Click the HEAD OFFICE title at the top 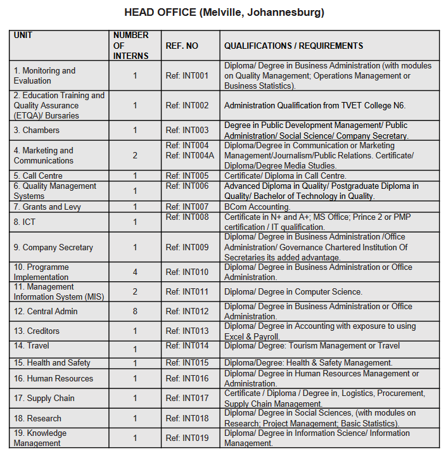click(224, 13)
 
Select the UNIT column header click(23, 35)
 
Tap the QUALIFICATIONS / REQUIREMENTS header click(293, 46)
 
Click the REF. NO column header click(182, 46)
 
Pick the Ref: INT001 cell click(187, 76)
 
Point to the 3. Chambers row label click(37, 131)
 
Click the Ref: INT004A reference click(189, 156)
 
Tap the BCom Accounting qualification click(257, 207)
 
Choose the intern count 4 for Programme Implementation click(135, 272)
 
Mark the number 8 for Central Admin click(135, 312)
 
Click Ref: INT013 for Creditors click(187, 331)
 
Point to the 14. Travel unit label click(32, 346)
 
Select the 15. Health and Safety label click(52, 363)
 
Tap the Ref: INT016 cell click(187, 379)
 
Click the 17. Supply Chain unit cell click(44, 399)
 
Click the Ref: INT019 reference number click(187, 438)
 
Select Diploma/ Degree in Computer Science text click(293, 292)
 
